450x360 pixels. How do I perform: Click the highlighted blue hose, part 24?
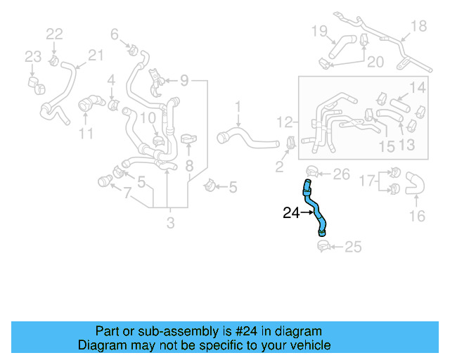pos(316,210)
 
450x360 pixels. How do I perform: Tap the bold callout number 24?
pos(291,212)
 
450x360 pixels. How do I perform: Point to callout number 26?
pos(340,174)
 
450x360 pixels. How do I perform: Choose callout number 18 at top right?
pos(418,26)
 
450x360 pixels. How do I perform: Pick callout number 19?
pos(319,30)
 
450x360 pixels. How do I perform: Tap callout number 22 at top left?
pos(54,33)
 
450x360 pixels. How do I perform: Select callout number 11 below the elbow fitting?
pos(86,133)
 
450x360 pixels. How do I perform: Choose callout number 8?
pos(188,166)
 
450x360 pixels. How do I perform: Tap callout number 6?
pos(114,33)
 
